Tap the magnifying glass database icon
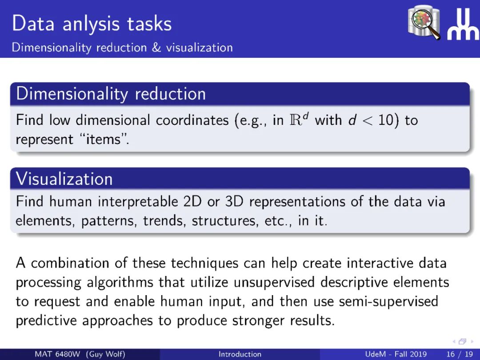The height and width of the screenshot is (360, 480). (424, 22)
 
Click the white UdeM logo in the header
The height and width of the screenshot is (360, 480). (463, 24)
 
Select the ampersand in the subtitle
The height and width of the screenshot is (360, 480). (156, 48)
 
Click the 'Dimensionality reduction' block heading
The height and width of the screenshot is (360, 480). (111, 93)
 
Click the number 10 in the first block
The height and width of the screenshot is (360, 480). (386, 120)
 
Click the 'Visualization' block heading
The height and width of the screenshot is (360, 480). (64, 179)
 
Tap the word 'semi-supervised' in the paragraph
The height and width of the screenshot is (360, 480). (388, 301)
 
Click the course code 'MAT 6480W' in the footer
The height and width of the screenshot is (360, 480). (57, 354)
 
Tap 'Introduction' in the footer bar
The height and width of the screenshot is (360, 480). (240, 354)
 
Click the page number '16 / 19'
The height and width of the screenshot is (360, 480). (460, 354)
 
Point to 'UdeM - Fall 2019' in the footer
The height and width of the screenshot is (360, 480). (396, 354)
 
